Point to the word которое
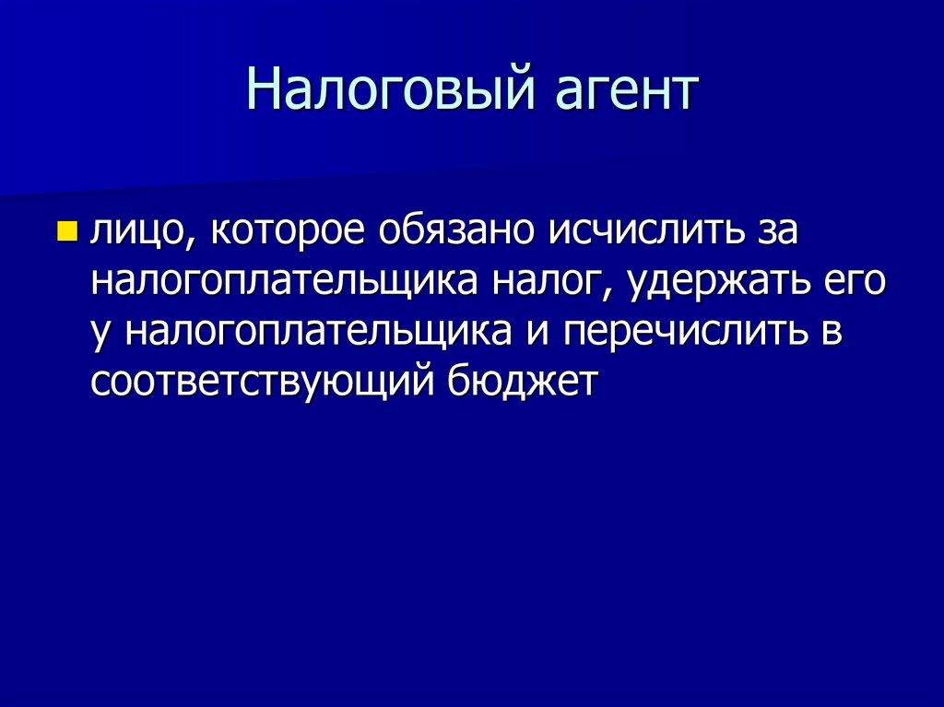tap(289, 232)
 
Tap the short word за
tap(773, 232)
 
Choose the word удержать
tap(720, 282)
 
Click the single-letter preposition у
tap(101, 332)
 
